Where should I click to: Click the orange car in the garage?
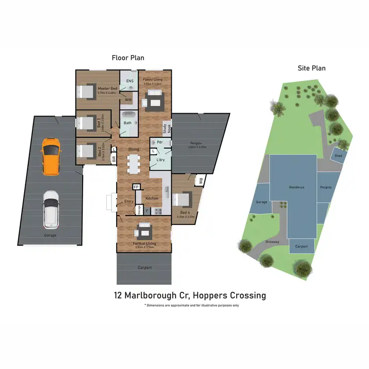point(50,156)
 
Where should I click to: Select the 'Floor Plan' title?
point(128,58)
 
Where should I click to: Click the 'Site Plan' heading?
point(311,68)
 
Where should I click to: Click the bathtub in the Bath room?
point(128,119)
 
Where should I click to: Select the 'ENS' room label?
point(130,81)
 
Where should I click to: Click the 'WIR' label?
point(128,100)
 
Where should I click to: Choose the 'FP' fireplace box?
point(136,187)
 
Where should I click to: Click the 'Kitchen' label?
point(152,198)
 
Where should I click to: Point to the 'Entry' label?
point(129,202)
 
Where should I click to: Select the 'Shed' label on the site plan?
point(338,155)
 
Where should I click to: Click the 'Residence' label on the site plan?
point(297,187)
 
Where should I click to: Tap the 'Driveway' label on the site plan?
point(272,242)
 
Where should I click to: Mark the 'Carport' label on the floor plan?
point(145,268)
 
